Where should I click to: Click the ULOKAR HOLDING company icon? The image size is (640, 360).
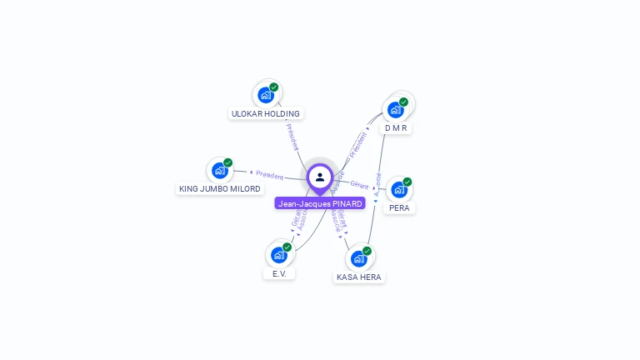coord(266,94)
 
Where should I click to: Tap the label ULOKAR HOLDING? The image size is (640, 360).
coord(266,113)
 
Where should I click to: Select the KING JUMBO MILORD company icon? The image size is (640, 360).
coord(220,170)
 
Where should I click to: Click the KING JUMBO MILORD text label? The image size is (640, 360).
coord(220,189)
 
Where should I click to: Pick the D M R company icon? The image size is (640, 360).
coord(396,109)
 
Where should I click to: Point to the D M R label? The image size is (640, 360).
coord(396,128)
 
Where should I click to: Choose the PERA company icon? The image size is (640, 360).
coord(399,189)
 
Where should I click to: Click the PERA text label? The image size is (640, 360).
coord(399,207)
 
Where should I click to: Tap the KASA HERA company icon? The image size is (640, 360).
coord(359,258)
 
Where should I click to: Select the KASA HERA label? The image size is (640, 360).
coord(359,277)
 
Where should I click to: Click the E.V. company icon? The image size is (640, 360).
coord(279,254)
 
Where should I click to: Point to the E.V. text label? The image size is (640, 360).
coord(279,273)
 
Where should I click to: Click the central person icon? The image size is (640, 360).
coord(320,177)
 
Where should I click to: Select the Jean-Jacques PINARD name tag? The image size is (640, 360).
coord(320,203)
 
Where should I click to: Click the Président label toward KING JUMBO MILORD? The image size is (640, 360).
coord(270,175)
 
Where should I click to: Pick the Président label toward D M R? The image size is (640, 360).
coord(357,143)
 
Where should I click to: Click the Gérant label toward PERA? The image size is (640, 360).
coord(359,184)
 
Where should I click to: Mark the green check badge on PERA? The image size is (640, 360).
coord(407,182)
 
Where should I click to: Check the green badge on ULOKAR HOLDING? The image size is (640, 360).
coord(274,87)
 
